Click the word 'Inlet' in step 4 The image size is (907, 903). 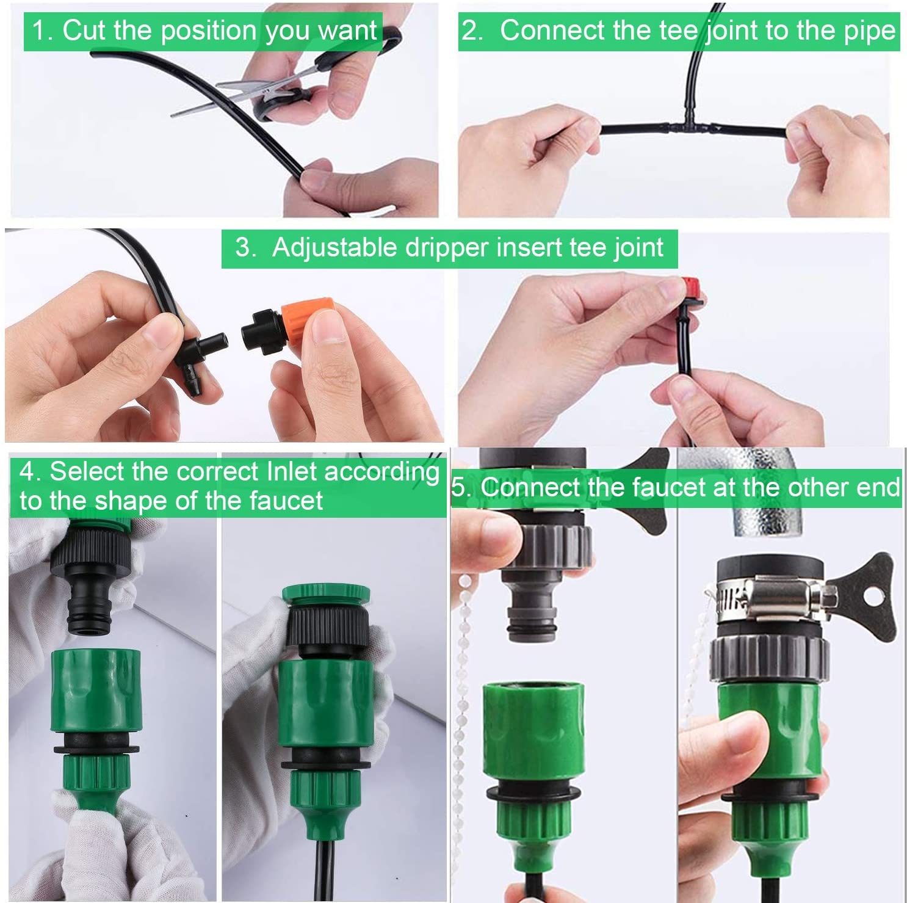[292, 472]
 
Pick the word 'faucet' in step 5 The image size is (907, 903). [670, 487]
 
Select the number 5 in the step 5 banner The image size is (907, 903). [458, 488]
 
